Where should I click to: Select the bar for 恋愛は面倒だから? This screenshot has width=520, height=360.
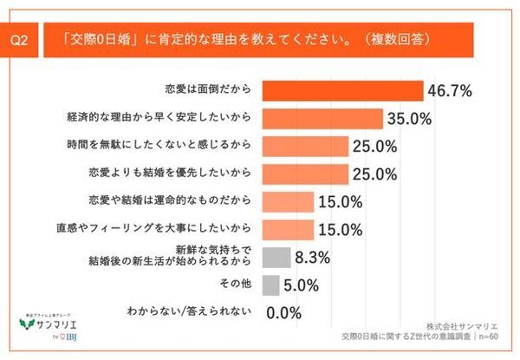tap(341, 89)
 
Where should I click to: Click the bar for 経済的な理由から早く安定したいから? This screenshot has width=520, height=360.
tap(318, 117)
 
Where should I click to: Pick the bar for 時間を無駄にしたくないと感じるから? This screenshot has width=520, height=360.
tap(304, 146)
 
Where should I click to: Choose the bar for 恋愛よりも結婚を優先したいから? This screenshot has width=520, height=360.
tap(304, 173)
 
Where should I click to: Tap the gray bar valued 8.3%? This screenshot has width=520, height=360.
tap(275, 258)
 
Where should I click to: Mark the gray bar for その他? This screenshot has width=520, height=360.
tap(270, 285)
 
